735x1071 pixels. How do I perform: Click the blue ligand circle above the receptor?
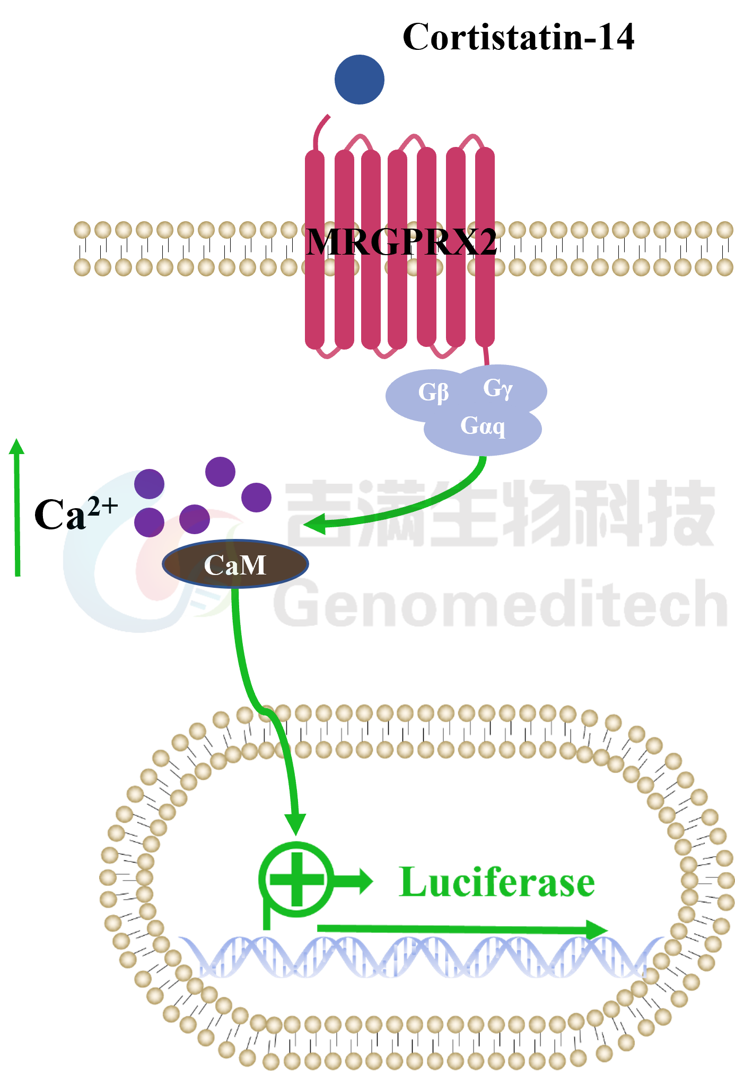360,80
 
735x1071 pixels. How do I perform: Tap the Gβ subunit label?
433,393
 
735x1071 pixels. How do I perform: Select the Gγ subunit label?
497,388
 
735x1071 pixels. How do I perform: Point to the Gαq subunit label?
483,426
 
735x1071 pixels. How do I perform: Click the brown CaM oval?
235,564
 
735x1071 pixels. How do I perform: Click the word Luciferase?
497,882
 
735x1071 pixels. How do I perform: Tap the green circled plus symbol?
297,879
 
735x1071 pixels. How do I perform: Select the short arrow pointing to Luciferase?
355,881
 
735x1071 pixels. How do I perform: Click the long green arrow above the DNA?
461,929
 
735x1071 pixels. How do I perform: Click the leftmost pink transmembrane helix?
314,249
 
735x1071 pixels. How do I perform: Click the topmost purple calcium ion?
220,472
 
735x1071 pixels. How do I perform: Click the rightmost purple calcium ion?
256,497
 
